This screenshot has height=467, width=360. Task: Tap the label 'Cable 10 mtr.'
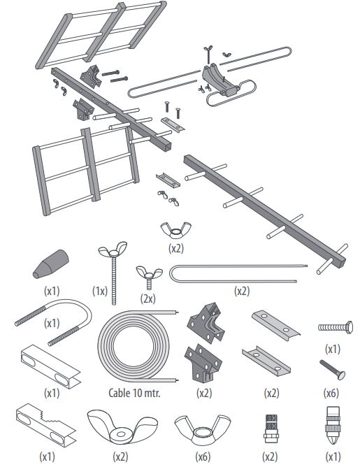[134, 393]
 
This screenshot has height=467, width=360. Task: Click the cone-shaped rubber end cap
[51, 264]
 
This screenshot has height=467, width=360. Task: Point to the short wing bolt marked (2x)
[149, 275]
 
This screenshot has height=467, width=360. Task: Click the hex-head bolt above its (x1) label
[336, 328]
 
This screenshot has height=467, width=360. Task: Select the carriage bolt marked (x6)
[332, 370]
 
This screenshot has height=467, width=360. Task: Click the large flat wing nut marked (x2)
[122, 426]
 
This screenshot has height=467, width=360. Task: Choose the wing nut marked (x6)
[202, 428]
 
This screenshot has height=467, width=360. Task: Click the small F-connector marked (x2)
[271, 429]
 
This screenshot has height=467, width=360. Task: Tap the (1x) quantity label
[100, 291]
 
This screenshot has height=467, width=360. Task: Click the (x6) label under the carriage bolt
[331, 393]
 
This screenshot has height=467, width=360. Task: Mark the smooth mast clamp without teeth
[50, 366]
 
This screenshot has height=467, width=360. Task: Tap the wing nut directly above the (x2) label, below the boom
[176, 230]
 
